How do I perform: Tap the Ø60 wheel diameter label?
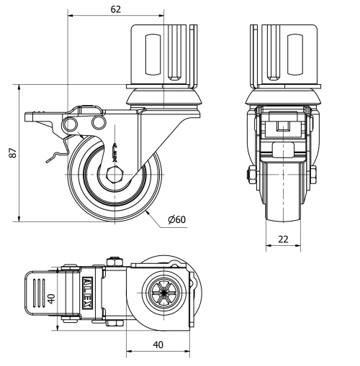point(177,219)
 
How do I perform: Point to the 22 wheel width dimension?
point(286,239)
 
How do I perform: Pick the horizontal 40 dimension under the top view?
point(158,344)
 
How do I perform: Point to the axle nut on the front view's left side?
point(251,175)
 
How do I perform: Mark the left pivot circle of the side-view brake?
point(71,126)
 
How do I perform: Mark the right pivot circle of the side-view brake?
point(98,125)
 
